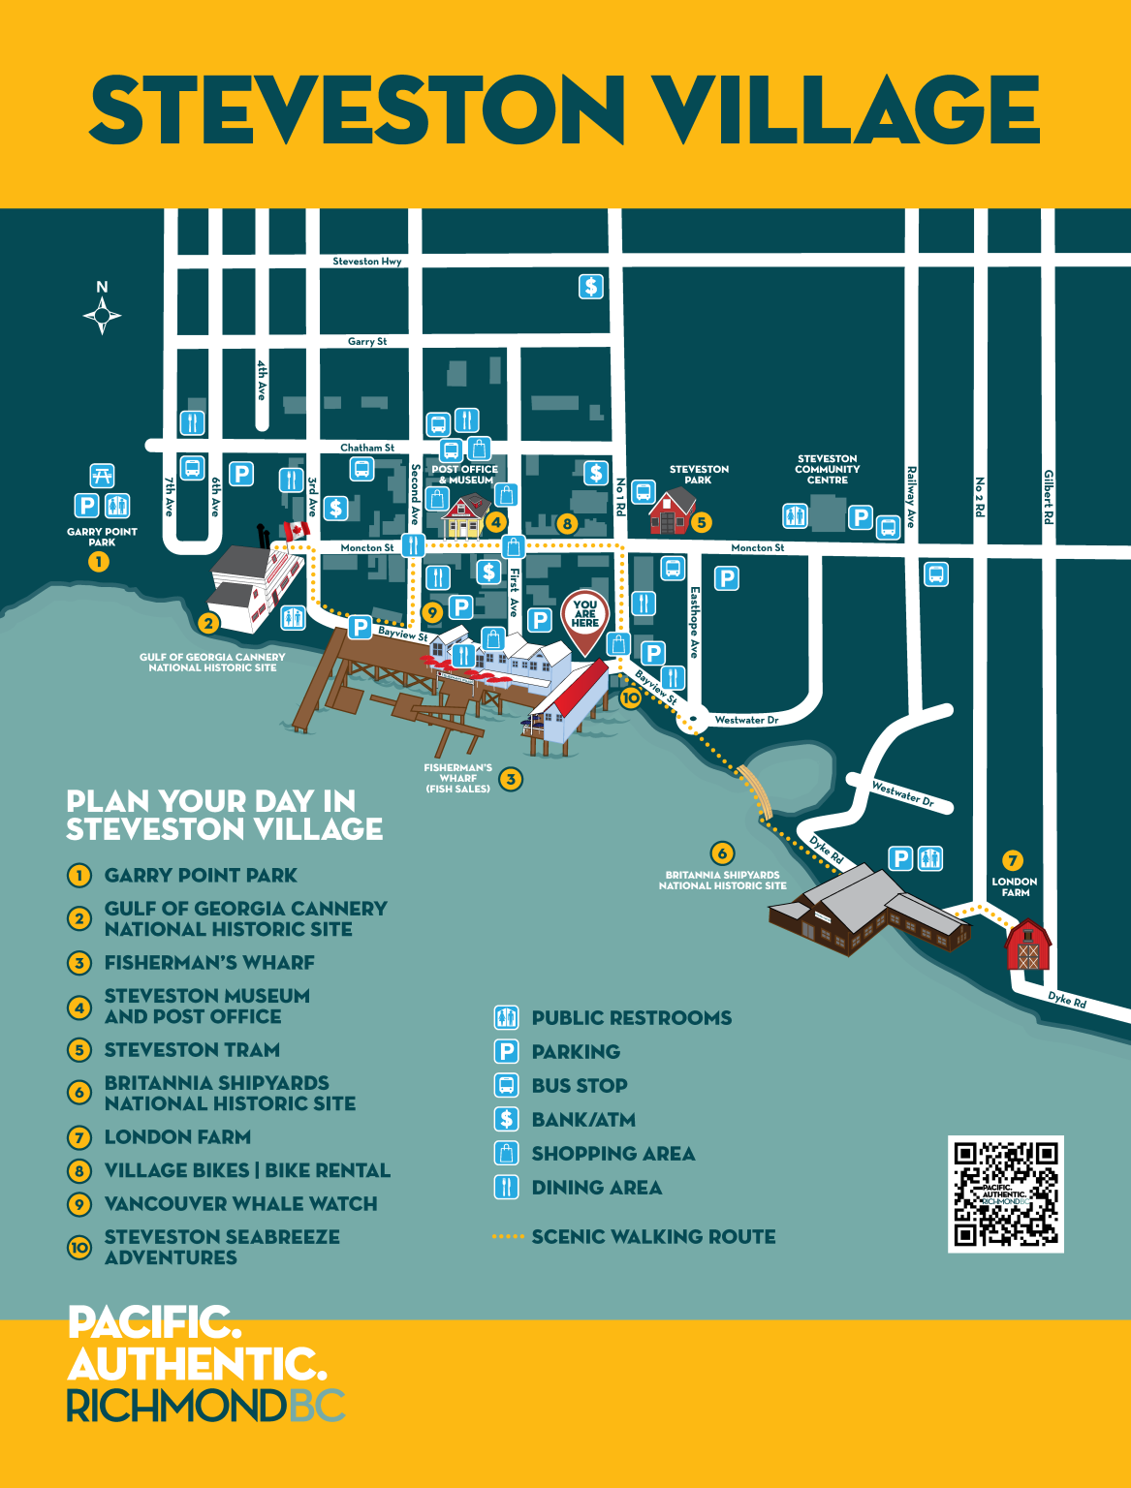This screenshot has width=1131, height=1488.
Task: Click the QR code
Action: [1005, 1193]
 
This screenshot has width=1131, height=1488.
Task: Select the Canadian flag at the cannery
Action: [294, 530]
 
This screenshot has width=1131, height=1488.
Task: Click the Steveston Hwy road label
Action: [366, 262]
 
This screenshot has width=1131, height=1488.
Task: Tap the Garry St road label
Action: [367, 342]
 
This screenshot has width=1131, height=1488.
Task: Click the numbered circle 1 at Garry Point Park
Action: [99, 562]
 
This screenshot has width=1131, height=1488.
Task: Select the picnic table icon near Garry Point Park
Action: [102, 476]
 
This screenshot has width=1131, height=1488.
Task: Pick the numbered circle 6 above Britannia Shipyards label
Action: [721, 853]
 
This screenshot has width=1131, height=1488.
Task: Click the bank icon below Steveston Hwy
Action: [591, 287]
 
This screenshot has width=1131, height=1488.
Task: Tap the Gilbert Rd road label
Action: [1049, 497]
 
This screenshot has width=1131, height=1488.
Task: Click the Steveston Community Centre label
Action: [827, 469]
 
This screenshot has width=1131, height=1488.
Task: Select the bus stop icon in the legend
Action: [506, 1085]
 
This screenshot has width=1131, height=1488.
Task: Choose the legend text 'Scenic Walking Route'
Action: [653, 1236]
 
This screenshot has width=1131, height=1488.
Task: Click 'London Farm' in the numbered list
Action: [177, 1136]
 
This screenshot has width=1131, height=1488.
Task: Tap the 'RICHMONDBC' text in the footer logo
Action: [205, 1406]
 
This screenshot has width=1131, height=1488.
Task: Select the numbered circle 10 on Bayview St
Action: [630, 697]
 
